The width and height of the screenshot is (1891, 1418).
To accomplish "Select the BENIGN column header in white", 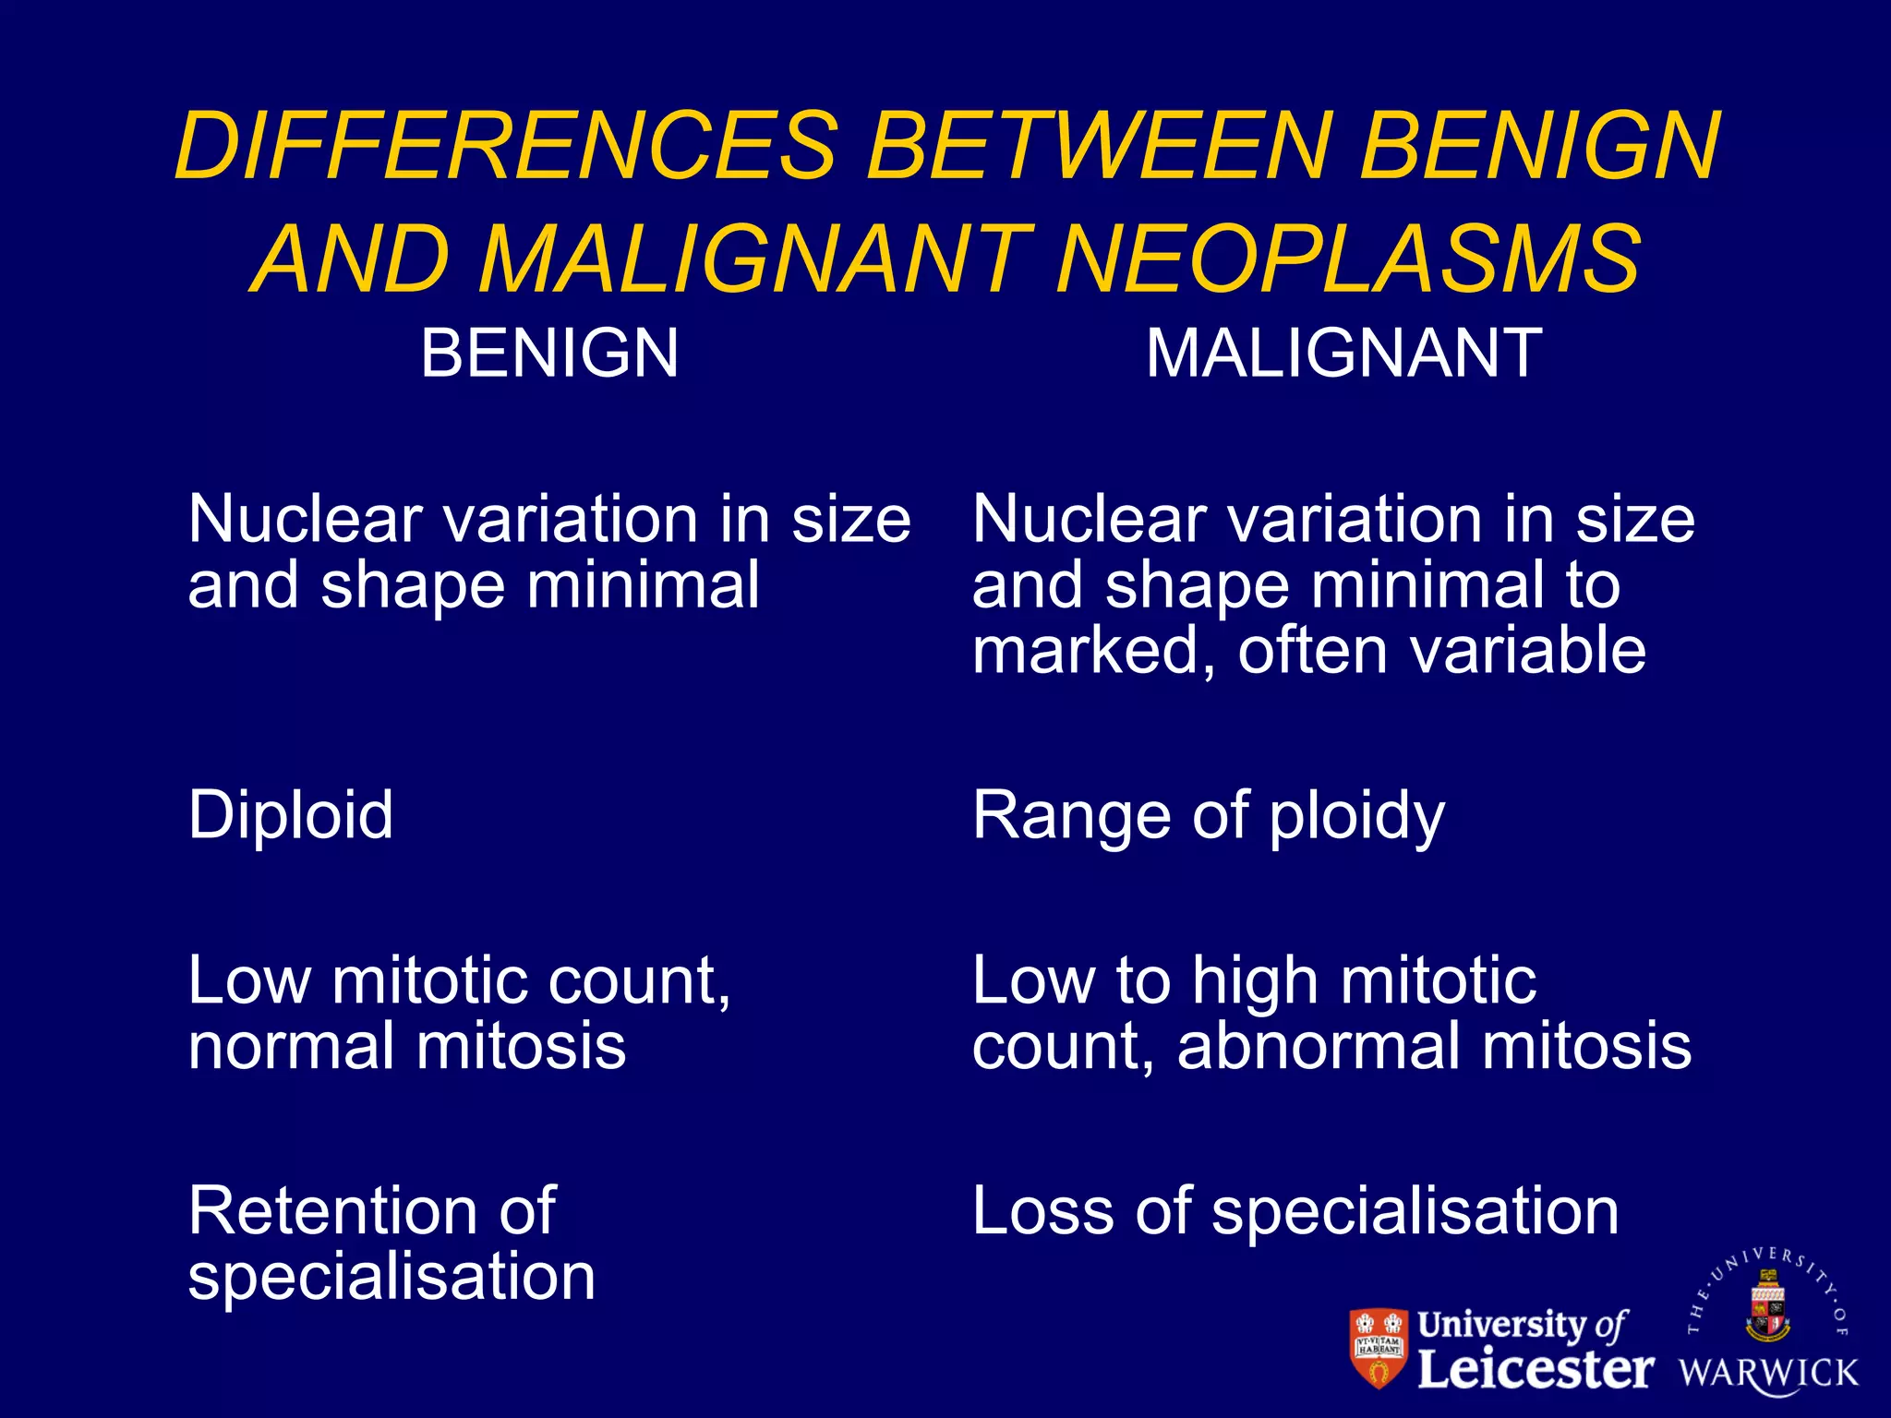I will tap(549, 354).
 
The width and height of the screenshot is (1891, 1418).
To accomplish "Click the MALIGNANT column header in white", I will tap(1343, 354).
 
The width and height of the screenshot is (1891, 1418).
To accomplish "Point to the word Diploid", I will tap(291, 815).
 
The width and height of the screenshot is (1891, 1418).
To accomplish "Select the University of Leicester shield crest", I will tap(1379, 1347).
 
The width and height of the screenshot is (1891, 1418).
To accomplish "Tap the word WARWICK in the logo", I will tap(1767, 1373).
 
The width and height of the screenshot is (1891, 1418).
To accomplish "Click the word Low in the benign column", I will tap(247, 980).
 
